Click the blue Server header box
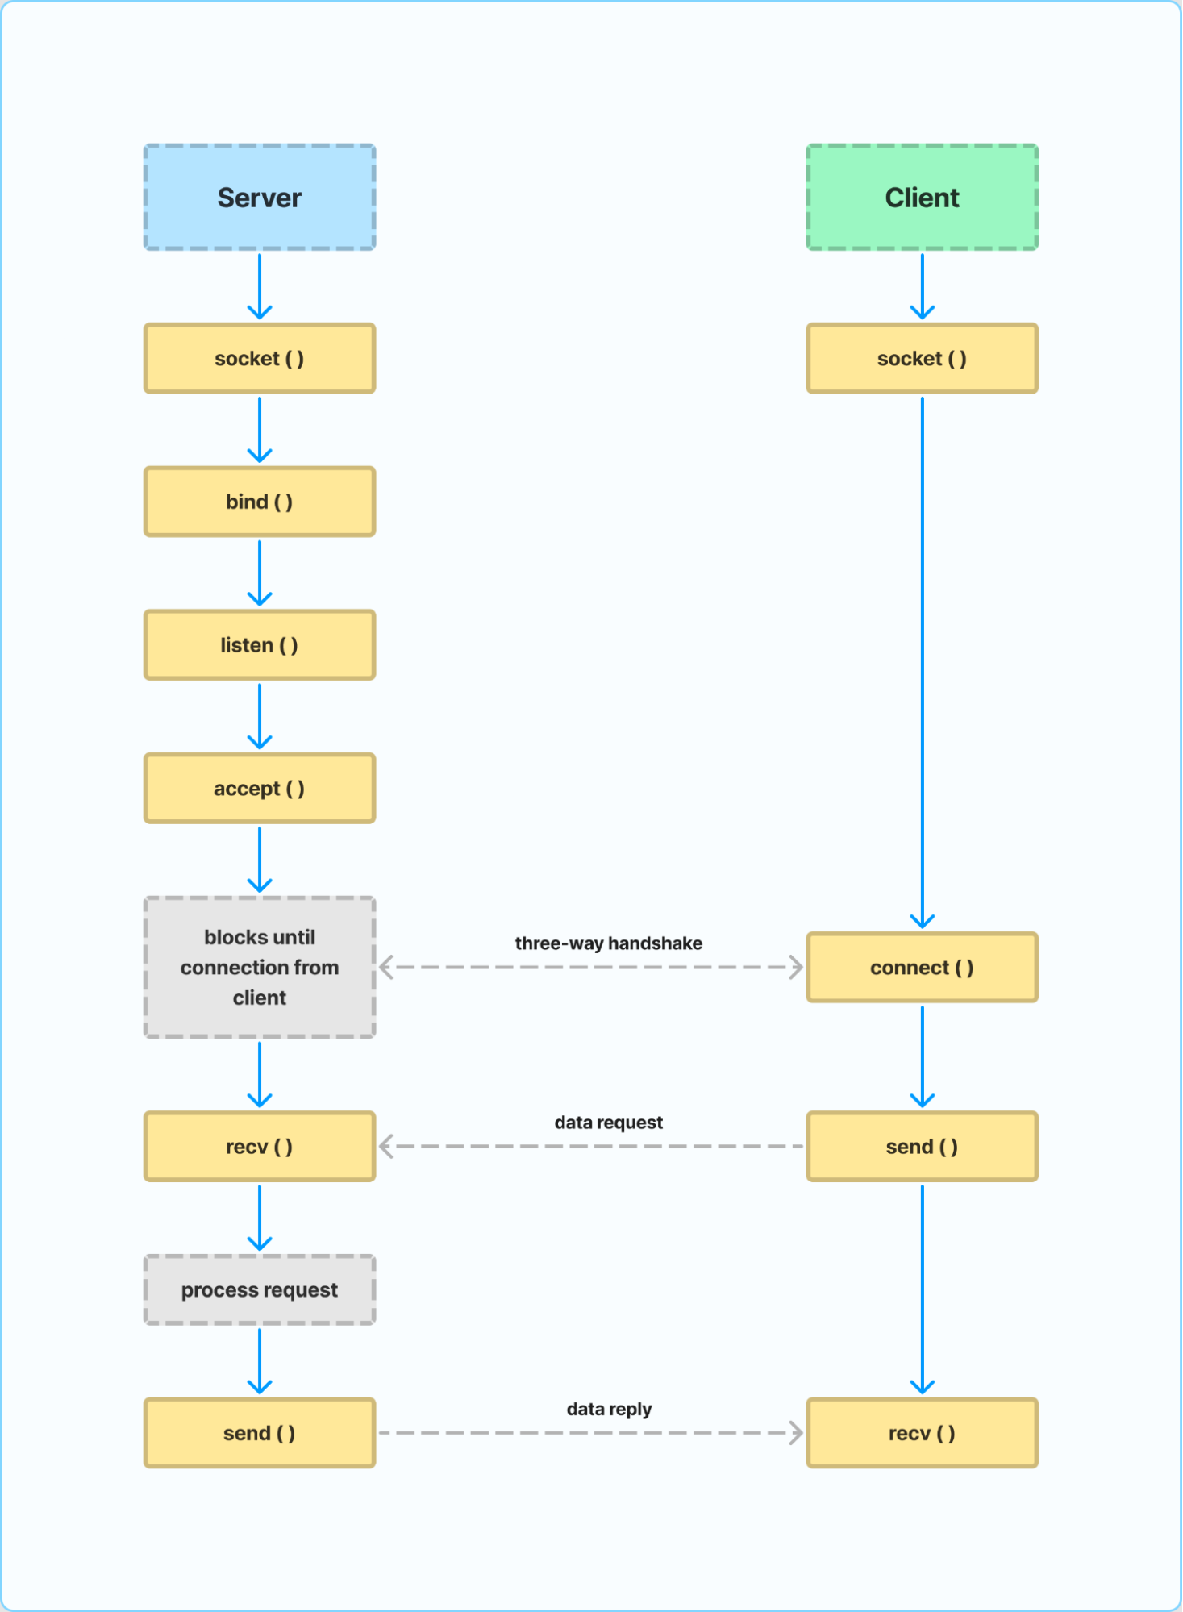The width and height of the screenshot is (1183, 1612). coord(260,198)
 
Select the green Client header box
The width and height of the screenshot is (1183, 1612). coord(922,198)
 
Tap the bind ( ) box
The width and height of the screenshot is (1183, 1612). coord(260,502)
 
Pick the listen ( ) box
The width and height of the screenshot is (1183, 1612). coord(260,645)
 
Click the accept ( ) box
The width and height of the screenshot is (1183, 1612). coord(260,788)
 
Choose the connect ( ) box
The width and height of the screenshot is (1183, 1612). coord(922,967)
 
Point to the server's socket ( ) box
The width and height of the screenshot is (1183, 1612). coord(260,358)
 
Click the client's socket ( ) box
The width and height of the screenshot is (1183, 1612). coord(922,358)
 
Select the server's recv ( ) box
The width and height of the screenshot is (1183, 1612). coord(260,1146)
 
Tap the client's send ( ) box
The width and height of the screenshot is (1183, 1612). coord(922,1146)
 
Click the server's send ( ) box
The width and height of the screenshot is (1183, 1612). coord(260,1433)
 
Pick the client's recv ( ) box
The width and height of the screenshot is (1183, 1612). coord(922,1433)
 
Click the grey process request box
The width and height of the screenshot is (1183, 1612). coord(260,1289)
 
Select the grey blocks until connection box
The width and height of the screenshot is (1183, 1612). coord(260,967)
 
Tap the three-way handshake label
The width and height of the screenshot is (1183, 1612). coord(609,943)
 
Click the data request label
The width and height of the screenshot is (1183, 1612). coord(609,1123)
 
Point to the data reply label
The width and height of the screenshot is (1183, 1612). coord(609,1409)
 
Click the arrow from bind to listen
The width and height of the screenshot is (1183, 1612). coord(260,573)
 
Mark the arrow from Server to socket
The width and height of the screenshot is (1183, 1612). coord(260,287)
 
